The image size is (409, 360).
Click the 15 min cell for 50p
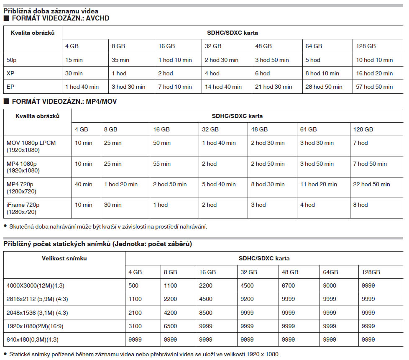click(x=74, y=60)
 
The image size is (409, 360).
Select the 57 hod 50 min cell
click(x=374, y=87)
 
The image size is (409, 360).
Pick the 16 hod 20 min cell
click(x=374, y=73)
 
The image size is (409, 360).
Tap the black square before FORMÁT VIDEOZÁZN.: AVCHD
click(x=6, y=19)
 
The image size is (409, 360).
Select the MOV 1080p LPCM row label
click(x=31, y=143)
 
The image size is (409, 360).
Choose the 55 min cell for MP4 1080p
click(x=162, y=164)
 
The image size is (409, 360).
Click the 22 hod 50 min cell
click(x=371, y=184)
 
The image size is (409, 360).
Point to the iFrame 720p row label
click(x=23, y=205)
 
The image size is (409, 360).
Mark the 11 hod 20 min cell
click(x=318, y=184)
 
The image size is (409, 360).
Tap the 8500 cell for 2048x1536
click(x=206, y=312)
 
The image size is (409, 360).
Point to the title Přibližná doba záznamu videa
click(x=51, y=11)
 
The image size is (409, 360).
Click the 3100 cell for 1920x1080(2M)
click(x=135, y=326)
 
